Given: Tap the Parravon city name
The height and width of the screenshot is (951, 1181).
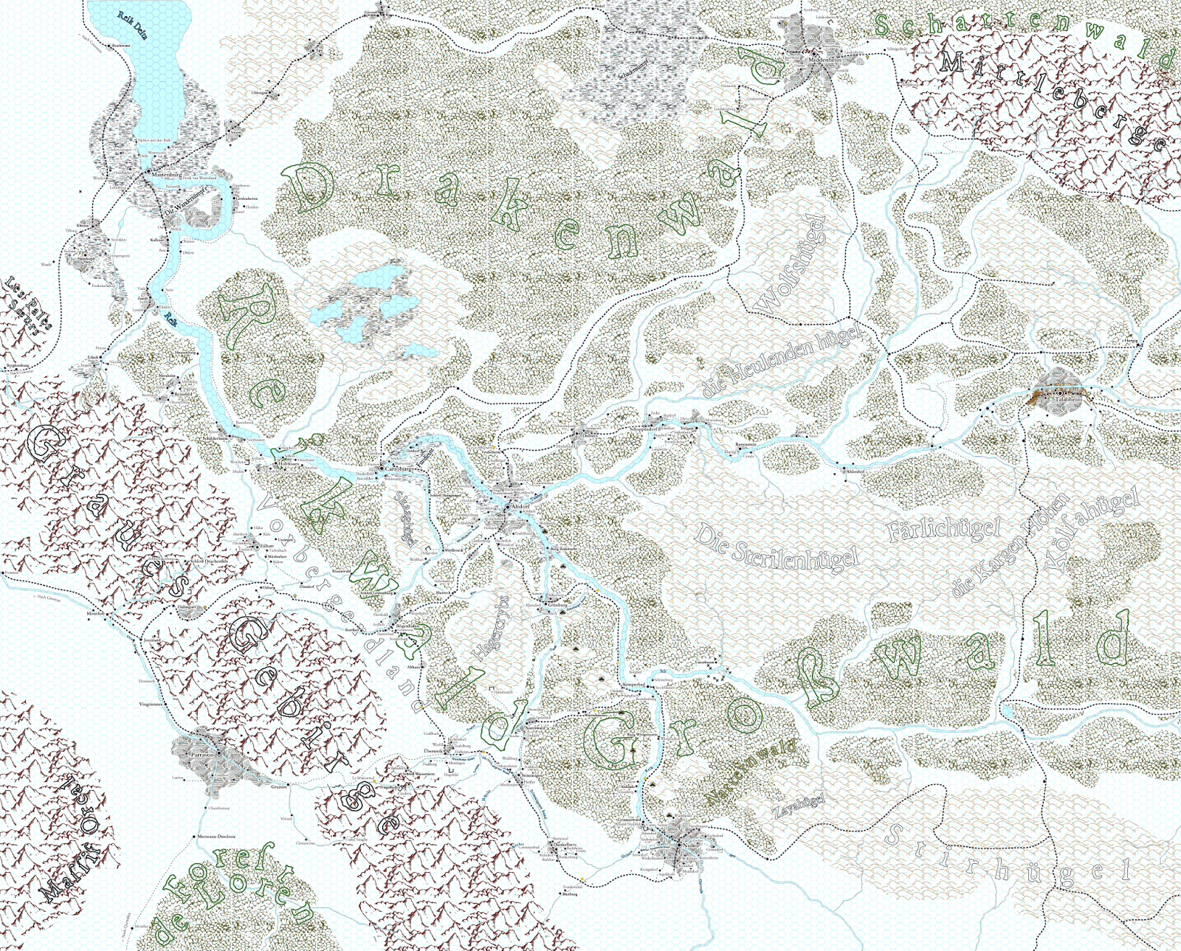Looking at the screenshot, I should [x=202, y=755].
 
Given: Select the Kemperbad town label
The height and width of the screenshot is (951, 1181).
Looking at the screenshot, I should [x=633, y=684].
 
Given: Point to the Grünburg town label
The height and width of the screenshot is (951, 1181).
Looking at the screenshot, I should [x=556, y=605].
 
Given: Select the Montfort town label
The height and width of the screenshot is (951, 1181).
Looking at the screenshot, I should [x=97, y=613].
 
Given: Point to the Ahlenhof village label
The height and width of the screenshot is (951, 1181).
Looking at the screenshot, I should [x=856, y=471].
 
